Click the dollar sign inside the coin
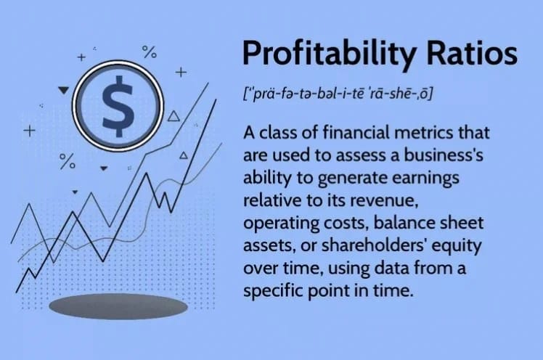[x=118, y=106]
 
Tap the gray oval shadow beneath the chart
[x=118, y=306]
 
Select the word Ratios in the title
[x=472, y=52]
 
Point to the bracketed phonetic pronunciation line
[x=338, y=94]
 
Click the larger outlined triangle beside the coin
[x=173, y=116]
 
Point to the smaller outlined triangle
[x=184, y=155]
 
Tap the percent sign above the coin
[x=150, y=52]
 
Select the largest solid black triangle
[x=64, y=90]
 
